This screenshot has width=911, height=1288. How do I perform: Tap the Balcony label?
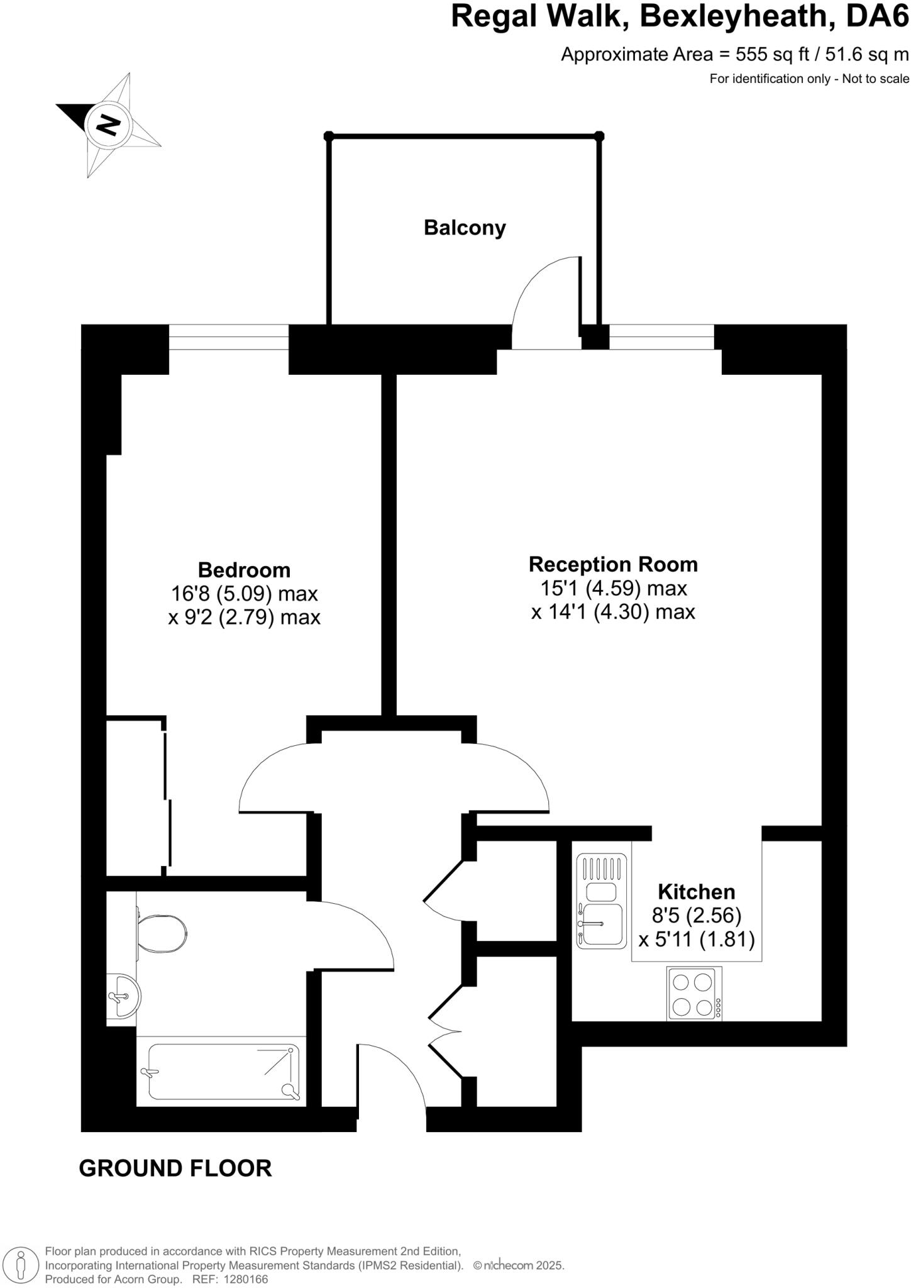[x=465, y=227]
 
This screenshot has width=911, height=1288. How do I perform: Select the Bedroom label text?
[x=244, y=570]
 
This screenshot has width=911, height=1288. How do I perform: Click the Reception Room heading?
[x=613, y=564]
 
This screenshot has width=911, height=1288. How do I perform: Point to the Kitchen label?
[x=696, y=892]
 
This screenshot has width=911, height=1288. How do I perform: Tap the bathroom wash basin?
[x=123, y=996]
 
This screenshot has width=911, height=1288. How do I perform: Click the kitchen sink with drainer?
[x=602, y=901]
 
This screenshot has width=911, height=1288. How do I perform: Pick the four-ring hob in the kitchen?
[x=693, y=994]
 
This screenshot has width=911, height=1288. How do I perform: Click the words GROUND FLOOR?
[x=175, y=1168]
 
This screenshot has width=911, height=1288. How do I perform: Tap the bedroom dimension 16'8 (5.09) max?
[x=244, y=594]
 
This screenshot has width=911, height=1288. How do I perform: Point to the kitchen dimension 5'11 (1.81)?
[x=696, y=940]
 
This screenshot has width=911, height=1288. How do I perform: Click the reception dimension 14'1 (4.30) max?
[x=613, y=612]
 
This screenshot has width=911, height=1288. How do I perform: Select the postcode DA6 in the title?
[x=877, y=16]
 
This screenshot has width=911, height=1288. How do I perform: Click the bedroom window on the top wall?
[x=228, y=337]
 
